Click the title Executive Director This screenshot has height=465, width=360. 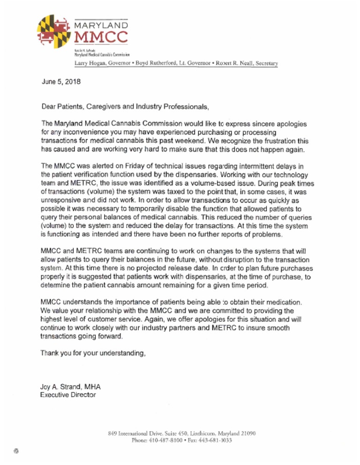(68, 395)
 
